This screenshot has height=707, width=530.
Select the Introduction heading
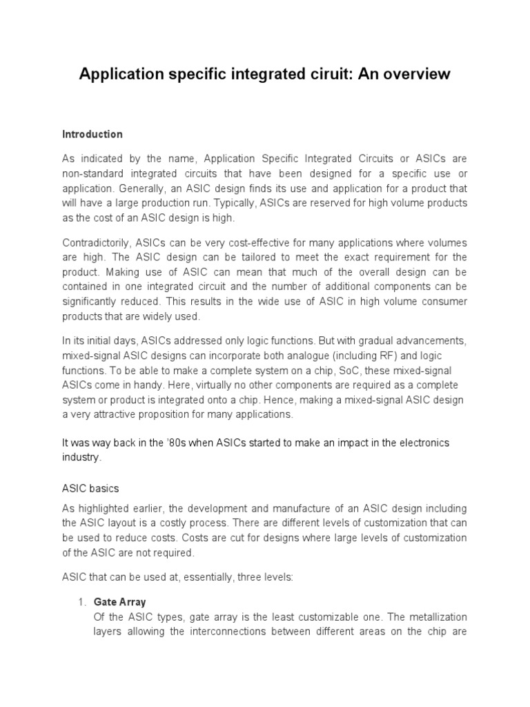tap(92, 134)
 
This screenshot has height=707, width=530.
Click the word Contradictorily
tap(95, 243)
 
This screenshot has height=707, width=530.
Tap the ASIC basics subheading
tap(90, 488)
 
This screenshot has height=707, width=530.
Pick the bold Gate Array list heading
tap(119, 602)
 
